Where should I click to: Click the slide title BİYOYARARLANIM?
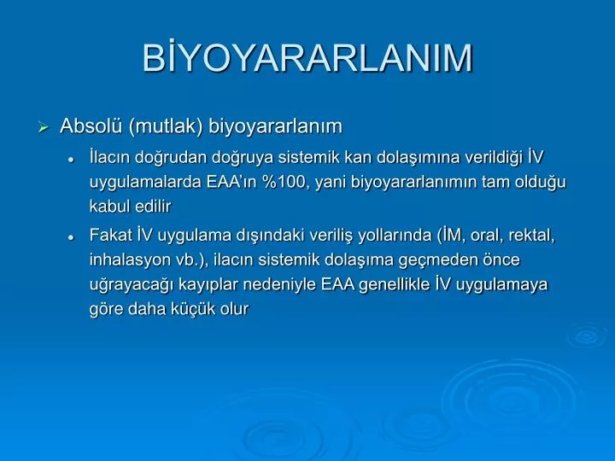[x=307, y=57]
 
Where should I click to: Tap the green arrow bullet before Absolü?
[x=44, y=127]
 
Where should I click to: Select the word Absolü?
[x=91, y=125]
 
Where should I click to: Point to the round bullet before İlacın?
[x=71, y=160]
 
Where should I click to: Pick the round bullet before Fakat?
[x=71, y=237]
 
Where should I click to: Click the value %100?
[x=284, y=182]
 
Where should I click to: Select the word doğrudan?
[x=171, y=158]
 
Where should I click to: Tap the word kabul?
[x=108, y=207]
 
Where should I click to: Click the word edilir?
[x=151, y=207]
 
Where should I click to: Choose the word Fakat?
[x=110, y=236]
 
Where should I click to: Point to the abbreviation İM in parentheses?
[x=451, y=236]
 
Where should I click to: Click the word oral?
[x=487, y=236]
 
